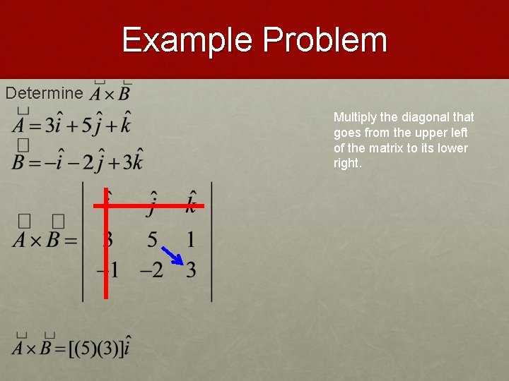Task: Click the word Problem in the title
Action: click(324, 40)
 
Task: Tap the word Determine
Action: click(44, 93)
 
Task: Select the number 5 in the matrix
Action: click(152, 239)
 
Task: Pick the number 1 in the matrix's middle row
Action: click(190, 239)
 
